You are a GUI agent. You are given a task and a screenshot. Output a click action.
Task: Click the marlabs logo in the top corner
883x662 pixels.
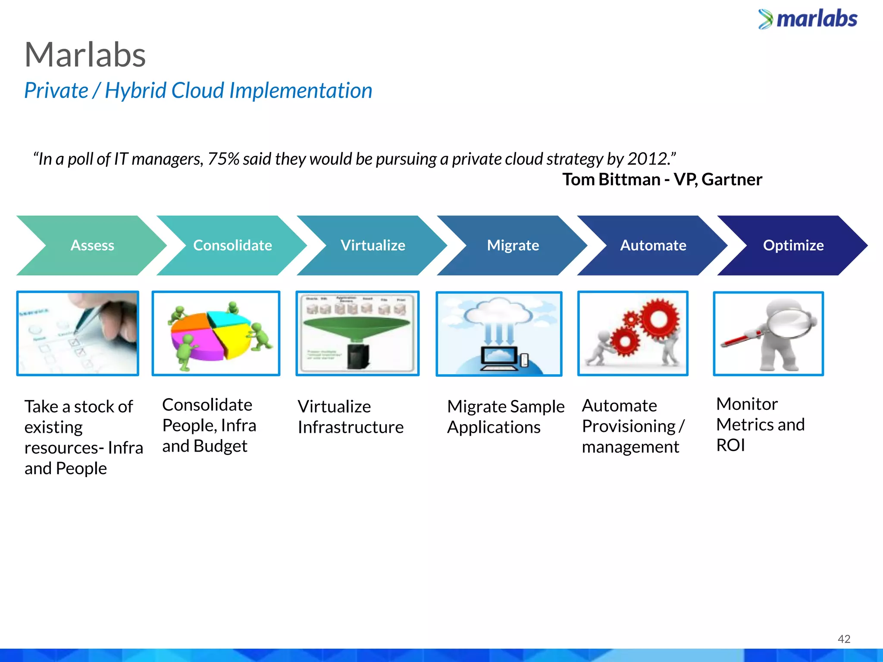(x=808, y=19)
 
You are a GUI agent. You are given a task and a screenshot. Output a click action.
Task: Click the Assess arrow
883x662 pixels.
(x=92, y=245)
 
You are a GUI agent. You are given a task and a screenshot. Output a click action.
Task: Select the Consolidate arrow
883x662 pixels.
(x=232, y=245)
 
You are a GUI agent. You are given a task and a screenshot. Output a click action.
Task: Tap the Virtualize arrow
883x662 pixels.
(x=373, y=245)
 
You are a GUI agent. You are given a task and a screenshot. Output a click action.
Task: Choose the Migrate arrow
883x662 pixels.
(x=513, y=245)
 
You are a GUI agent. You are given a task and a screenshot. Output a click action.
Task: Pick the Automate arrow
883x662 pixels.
(x=653, y=245)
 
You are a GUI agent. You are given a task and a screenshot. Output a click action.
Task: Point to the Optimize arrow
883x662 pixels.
(x=793, y=245)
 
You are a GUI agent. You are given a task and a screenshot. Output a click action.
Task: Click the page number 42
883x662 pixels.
(x=844, y=639)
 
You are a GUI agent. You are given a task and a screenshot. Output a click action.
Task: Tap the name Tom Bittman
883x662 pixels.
(x=611, y=179)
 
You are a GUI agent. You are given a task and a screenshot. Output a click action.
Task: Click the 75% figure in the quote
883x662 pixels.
(x=223, y=159)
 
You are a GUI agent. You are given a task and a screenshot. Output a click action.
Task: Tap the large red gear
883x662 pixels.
(x=659, y=319)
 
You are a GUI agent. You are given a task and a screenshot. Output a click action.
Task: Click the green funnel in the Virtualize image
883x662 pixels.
(x=357, y=328)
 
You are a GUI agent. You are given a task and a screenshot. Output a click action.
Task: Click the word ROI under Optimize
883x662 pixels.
(x=730, y=445)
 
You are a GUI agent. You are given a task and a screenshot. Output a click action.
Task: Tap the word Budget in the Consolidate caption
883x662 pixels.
(x=220, y=446)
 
